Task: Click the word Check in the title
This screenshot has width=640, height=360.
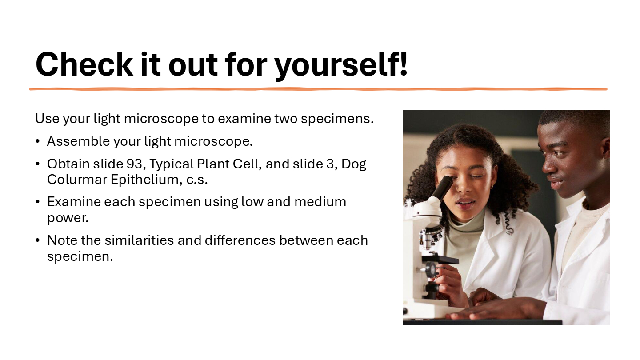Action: pyautogui.click(x=84, y=64)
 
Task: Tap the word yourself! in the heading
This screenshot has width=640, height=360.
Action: pyautogui.click(x=341, y=66)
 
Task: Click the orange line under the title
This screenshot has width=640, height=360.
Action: pyautogui.click(x=318, y=89)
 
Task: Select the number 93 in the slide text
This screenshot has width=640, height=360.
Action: pyautogui.click(x=134, y=164)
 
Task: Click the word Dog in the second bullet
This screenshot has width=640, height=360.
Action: pyautogui.click(x=354, y=165)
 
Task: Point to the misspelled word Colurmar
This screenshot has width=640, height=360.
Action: pyautogui.click(x=77, y=180)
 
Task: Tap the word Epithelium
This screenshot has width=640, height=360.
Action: pyautogui.click(x=146, y=180)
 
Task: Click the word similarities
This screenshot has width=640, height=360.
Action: pyautogui.click(x=139, y=240)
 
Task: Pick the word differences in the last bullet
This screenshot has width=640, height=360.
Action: pyautogui.click(x=240, y=240)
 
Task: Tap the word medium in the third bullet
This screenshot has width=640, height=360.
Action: pyautogui.click(x=320, y=202)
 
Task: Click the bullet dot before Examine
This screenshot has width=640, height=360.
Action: pyautogui.click(x=37, y=202)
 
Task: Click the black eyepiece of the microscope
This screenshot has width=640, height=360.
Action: pyautogui.click(x=442, y=187)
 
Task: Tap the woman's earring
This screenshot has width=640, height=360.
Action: pyautogui.click(x=492, y=187)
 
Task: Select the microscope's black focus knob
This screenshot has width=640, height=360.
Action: pyautogui.click(x=430, y=269)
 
